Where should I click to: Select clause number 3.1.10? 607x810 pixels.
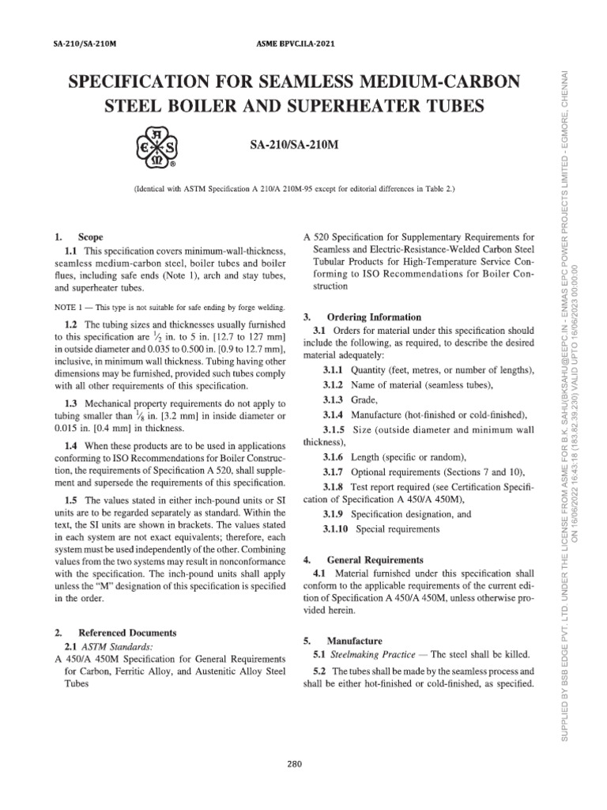pyautogui.click(x=338, y=528)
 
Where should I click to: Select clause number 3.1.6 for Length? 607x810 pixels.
pyautogui.click(x=335, y=458)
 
